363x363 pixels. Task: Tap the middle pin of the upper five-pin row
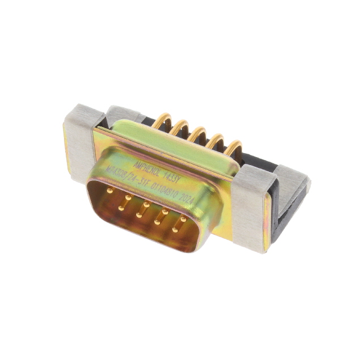[x=147, y=203]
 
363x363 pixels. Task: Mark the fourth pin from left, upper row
[x=166, y=210]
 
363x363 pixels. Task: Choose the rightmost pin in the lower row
[x=176, y=229]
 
